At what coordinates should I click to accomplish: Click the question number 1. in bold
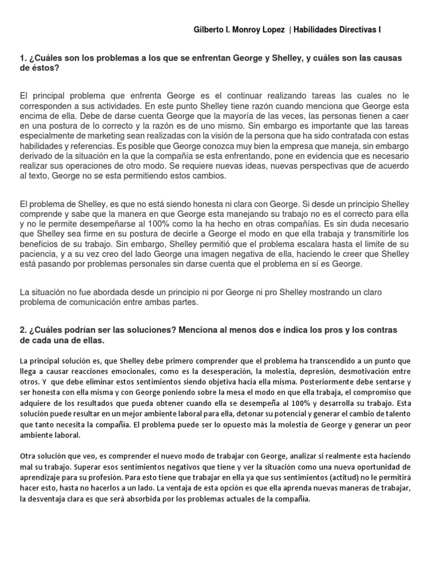[23, 59]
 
